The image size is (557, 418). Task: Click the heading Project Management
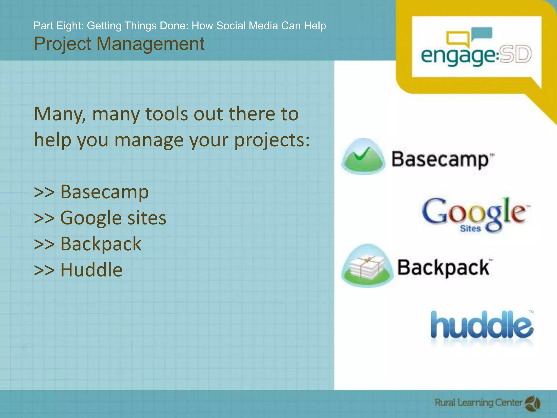pyautogui.click(x=119, y=44)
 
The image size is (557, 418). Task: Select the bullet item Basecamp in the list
pyautogui.click(x=104, y=192)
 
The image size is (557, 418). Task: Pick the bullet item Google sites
pyautogui.click(x=113, y=218)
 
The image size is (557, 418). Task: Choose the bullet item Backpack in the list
pyautogui.click(x=101, y=244)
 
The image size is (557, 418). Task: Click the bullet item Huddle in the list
pyautogui.click(x=91, y=270)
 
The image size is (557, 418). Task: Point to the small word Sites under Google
pyautogui.click(x=470, y=229)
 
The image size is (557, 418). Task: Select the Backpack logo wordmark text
pyautogui.click(x=443, y=268)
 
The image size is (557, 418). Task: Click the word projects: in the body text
pyautogui.click(x=272, y=140)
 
